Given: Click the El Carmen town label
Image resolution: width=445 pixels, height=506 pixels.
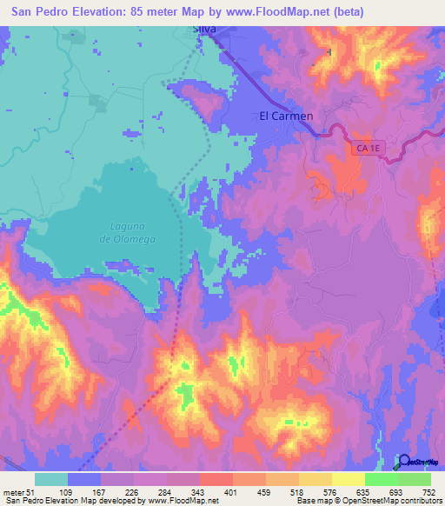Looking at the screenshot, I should (286, 116).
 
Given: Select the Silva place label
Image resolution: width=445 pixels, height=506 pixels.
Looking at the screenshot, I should (203, 29).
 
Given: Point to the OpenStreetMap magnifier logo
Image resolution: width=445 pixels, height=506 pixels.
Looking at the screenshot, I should (404, 463).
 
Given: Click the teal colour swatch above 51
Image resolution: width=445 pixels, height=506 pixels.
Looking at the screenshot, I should (51, 479).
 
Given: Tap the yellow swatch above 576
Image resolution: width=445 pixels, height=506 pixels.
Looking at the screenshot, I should (315, 479).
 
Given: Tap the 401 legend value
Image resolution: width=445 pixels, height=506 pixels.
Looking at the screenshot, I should (232, 493).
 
